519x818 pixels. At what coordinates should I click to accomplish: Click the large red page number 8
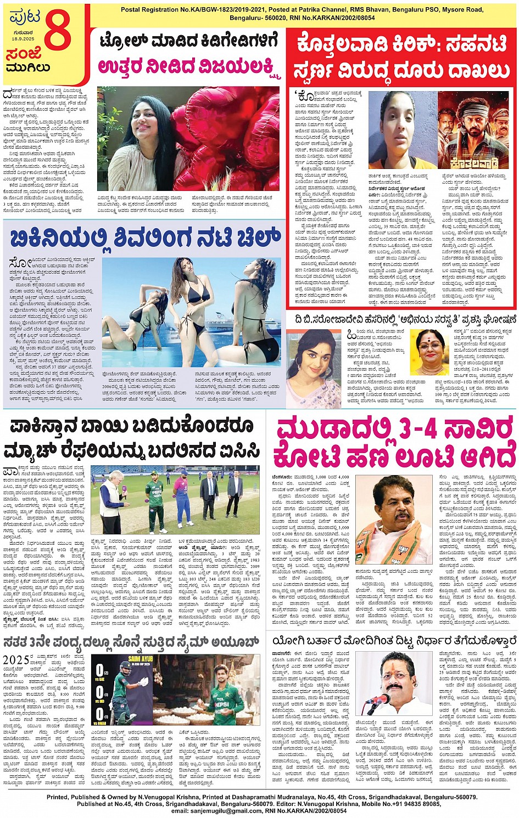[x=58, y=31]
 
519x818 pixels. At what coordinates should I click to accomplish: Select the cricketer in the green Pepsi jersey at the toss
[x=157, y=497]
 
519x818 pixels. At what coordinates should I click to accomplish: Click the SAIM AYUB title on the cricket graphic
[x=129, y=658]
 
